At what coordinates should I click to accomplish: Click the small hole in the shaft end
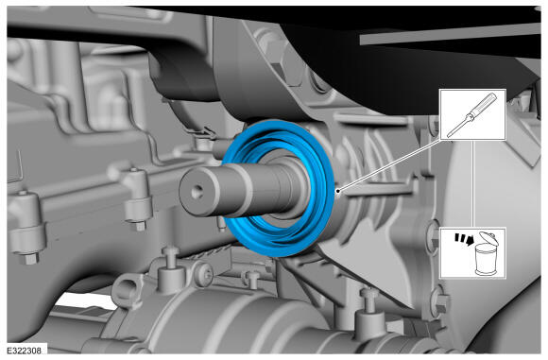197,191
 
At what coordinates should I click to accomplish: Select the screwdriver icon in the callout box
472,114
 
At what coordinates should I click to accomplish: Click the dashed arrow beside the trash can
464,239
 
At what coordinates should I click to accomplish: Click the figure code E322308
25,351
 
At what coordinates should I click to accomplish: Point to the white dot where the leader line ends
337,191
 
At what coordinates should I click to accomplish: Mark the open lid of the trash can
489,238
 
